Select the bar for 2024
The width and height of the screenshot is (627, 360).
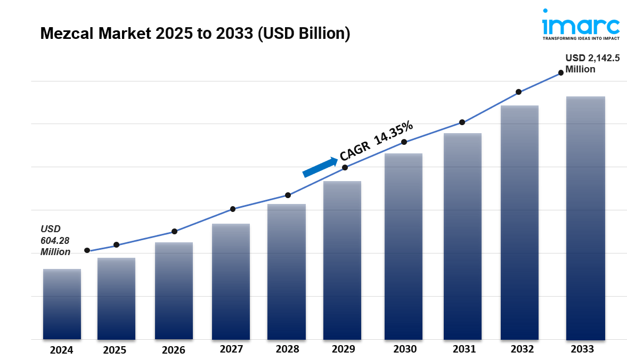pos(62,304)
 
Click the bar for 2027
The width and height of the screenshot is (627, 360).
pos(231,282)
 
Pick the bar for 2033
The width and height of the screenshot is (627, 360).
pos(585,218)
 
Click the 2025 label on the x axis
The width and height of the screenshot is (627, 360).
pos(115,350)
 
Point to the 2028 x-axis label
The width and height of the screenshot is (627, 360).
pos(288,349)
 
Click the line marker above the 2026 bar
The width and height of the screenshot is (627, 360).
pos(174,232)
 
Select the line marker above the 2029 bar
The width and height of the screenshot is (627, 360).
pos(345,167)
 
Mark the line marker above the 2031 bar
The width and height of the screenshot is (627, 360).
pos(462,122)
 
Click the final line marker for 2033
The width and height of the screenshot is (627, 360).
pos(561,73)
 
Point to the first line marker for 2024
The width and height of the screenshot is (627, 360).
pos(87,250)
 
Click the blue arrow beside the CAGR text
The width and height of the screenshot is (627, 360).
pos(320,166)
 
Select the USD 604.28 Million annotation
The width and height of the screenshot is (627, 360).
pos(55,240)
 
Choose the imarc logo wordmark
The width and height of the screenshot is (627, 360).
pos(581,24)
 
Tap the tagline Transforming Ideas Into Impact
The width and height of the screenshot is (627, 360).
pos(581,39)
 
